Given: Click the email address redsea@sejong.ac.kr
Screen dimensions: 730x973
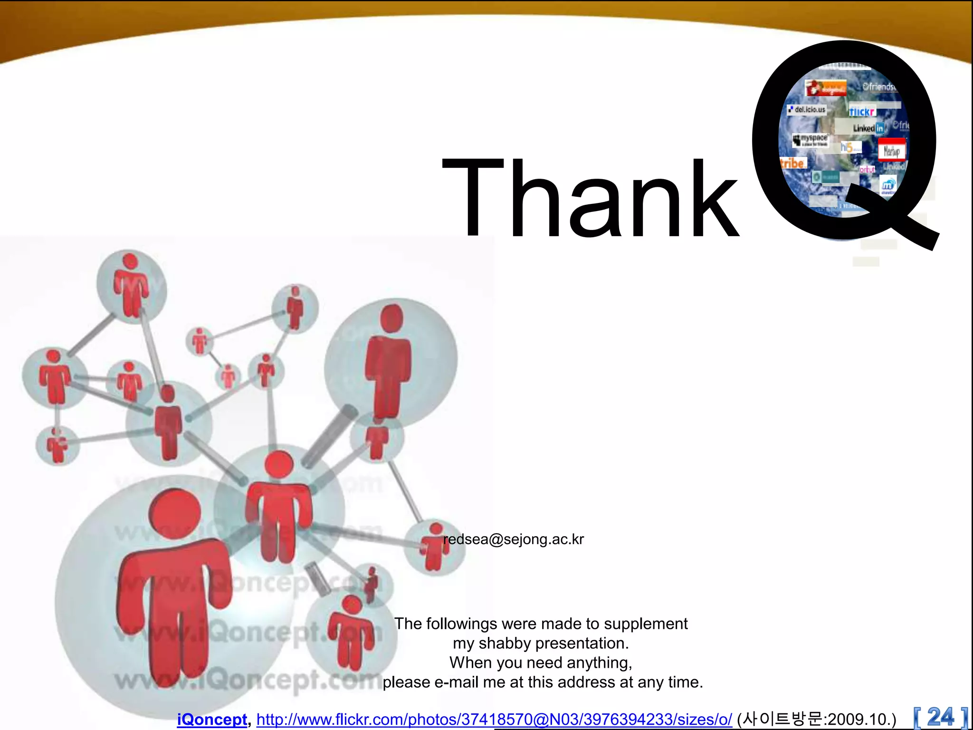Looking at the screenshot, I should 513,539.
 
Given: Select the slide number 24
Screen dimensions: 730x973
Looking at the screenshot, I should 940,717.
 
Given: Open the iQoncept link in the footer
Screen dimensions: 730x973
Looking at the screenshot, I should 212,720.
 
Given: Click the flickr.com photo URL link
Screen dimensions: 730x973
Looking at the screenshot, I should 494,720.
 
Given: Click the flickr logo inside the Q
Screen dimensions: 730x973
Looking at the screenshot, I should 862,112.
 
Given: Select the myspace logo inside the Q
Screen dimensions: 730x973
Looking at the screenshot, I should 811,140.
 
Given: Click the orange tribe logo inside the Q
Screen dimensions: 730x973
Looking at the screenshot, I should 792,163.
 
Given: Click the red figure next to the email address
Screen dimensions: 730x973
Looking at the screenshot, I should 434,547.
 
